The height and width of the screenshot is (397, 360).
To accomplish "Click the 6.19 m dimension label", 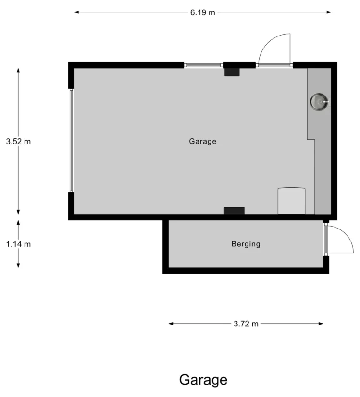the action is [x=202, y=12].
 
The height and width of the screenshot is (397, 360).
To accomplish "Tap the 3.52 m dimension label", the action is [x=18, y=141].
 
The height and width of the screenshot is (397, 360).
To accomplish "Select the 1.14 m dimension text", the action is [x=18, y=244].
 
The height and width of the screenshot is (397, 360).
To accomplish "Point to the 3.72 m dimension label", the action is [x=246, y=324].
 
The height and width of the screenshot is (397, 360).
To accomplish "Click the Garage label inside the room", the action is [x=202, y=141].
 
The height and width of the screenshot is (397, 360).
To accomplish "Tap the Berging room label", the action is [x=246, y=244].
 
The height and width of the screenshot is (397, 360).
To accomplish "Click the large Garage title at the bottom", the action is [x=203, y=380].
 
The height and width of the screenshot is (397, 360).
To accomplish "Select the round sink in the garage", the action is [x=319, y=102].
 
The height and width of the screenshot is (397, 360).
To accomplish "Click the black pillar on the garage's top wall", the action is [x=232, y=72].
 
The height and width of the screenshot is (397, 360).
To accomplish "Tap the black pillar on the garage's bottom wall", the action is [x=234, y=211].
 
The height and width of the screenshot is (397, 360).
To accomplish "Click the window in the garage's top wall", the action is [x=204, y=65].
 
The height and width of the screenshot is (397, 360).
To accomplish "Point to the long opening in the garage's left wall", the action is [x=71, y=141].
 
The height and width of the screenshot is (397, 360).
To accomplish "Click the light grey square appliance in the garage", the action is [x=292, y=201].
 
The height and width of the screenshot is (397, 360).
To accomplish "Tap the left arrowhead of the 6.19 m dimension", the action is [x=76, y=12].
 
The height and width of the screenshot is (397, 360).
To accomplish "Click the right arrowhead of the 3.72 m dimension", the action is [x=321, y=324].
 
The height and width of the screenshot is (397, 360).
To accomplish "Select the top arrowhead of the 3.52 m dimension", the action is [x=18, y=71].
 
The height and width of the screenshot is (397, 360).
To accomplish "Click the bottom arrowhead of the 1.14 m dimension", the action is [x=18, y=265].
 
